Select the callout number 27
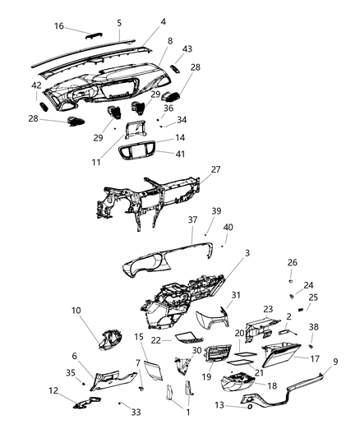tap(216, 170)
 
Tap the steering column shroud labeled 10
tap(107, 340)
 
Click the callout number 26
tap(292, 263)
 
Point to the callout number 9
tap(335, 361)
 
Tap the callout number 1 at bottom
tap(187, 412)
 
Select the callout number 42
tap(37, 85)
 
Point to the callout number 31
tap(235, 296)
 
